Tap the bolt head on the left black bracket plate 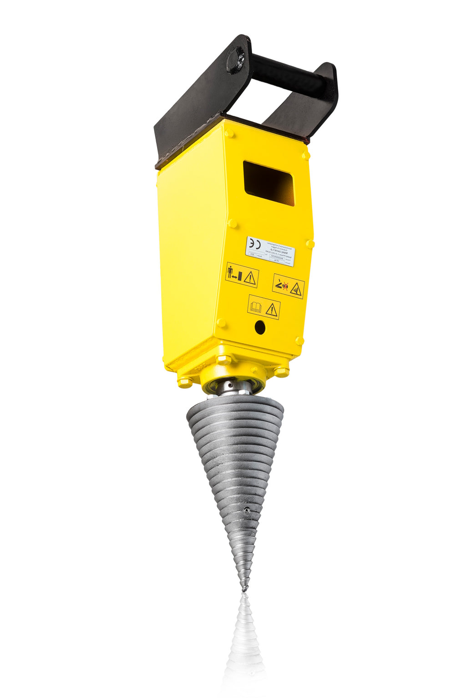click(235, 60)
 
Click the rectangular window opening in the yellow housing click(268, 183)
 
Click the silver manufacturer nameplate click(270, 251)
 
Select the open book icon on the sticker click(256, 307)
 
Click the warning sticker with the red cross click(288, 286)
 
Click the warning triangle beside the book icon click(272, 310)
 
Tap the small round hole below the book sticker click(260, 327)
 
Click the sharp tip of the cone click(245, 589)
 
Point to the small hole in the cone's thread click(246, 509)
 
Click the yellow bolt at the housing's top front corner click(228, 133)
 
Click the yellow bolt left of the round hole click(221, 323)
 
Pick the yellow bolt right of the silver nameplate click(310, 244)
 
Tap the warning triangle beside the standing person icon click(250, 278)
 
